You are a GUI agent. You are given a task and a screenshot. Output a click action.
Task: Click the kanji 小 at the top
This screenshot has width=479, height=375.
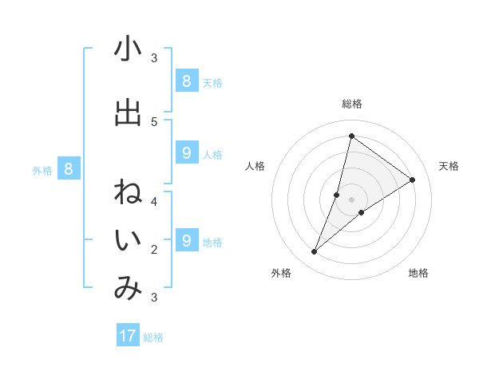[x=128, y=49]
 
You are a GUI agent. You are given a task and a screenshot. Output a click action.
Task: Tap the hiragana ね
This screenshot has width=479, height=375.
[x=128, y=194]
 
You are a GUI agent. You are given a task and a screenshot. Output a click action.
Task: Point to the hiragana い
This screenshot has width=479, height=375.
[x=128, y=241]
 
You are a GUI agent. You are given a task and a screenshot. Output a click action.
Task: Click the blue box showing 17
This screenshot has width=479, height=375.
[x=128, y=336]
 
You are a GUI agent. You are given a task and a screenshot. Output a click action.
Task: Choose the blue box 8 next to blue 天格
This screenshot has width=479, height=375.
[x=186, y=81]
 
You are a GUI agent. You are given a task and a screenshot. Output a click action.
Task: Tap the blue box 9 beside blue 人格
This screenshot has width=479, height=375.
[x=186, y=153]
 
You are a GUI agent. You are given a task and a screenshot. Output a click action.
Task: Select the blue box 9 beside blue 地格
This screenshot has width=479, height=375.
[x=186, y=240]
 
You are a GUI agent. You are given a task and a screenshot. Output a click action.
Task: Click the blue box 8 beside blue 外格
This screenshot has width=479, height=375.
[x=69, y=168]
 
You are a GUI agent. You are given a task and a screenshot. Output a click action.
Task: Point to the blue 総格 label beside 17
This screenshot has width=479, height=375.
[x=153, y=337]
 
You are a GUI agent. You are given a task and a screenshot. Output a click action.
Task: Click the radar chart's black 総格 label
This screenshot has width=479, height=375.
[x=352, y=104]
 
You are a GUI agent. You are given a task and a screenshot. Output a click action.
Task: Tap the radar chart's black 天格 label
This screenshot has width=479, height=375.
[x=449, y=166]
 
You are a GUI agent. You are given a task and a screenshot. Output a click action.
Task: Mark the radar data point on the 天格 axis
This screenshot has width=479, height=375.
[x=413, y=180]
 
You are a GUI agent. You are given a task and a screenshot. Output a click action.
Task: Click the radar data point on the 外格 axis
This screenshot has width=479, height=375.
[x=315, y=252]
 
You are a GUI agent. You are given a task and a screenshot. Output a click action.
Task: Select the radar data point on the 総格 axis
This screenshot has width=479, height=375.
[x=351, y=136]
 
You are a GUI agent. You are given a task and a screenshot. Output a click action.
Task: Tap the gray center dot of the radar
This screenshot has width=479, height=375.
[x=351, y=199]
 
